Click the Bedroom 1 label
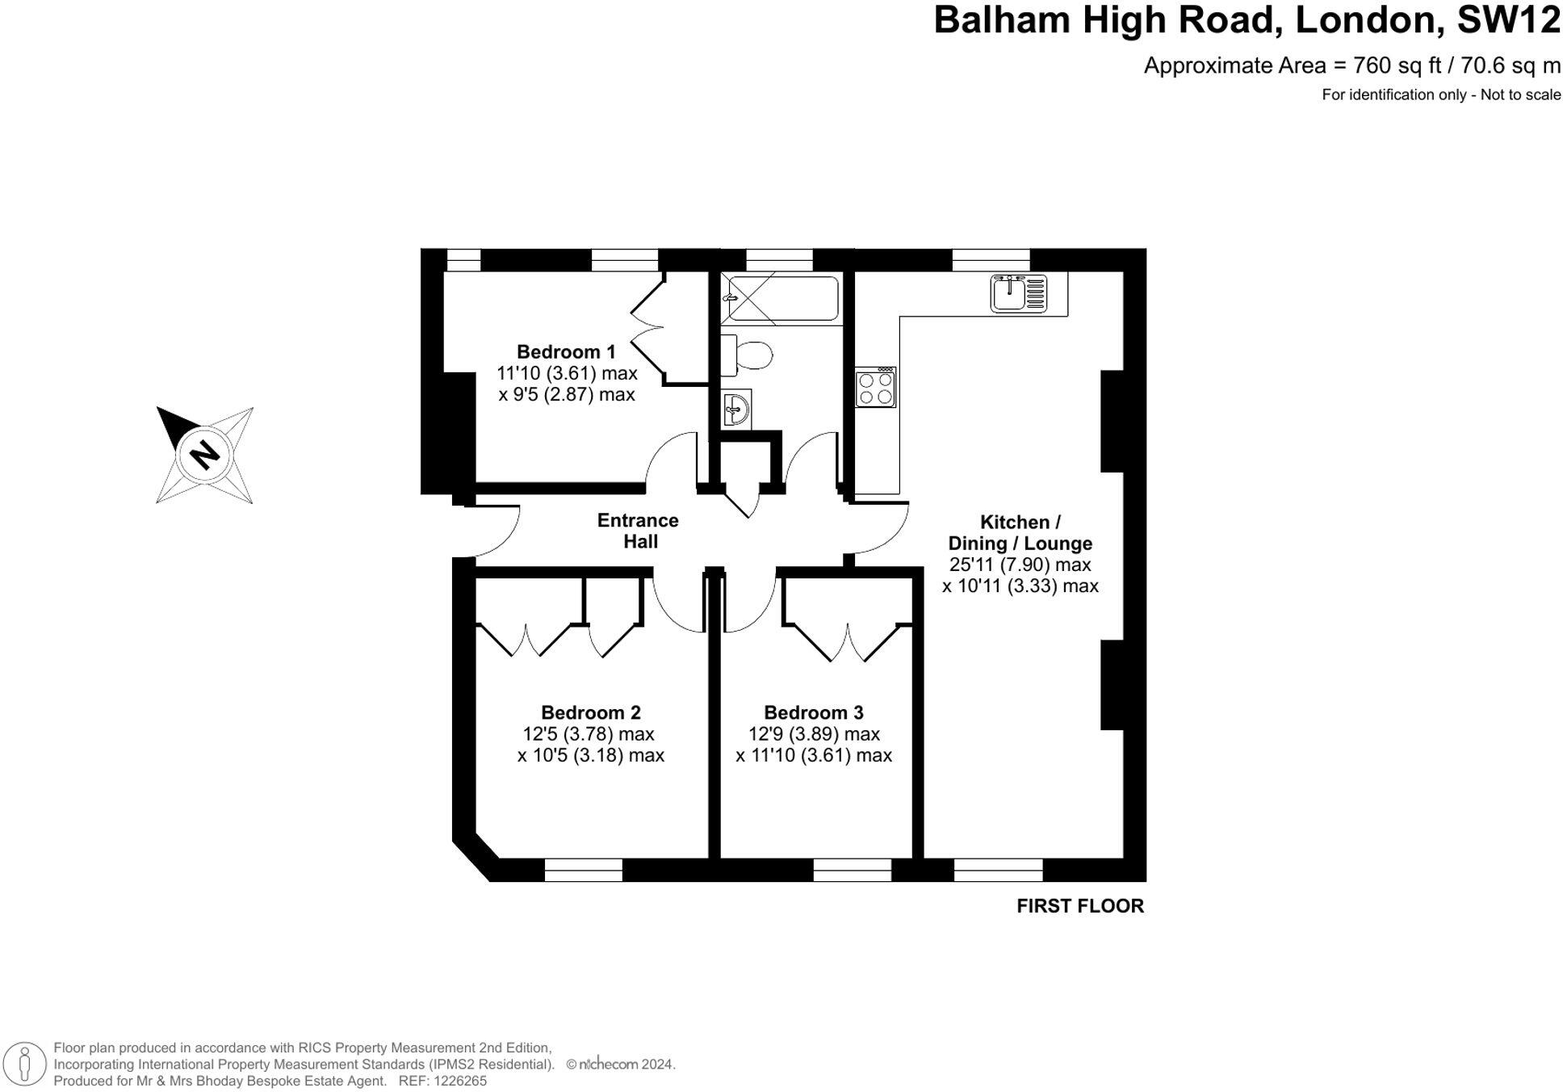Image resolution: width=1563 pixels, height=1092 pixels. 565,352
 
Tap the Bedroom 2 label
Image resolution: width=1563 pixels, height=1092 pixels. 590,712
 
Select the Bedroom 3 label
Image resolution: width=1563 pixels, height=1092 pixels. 813,712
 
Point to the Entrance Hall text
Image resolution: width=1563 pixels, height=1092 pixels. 638,531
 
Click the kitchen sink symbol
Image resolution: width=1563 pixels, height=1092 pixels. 1018,293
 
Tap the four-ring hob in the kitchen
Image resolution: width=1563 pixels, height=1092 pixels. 875,388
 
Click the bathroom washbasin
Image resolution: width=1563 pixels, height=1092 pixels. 735,409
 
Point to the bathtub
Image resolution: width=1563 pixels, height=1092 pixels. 780,299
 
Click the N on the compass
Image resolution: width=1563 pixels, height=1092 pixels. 204,454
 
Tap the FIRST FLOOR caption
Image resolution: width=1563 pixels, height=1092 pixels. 1079,906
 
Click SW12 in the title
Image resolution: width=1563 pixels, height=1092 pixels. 1507,20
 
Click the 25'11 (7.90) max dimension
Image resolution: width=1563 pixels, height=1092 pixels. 1020,565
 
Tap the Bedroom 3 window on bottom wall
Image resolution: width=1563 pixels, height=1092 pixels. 851,870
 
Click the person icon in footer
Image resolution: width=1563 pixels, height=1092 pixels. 25,1064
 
